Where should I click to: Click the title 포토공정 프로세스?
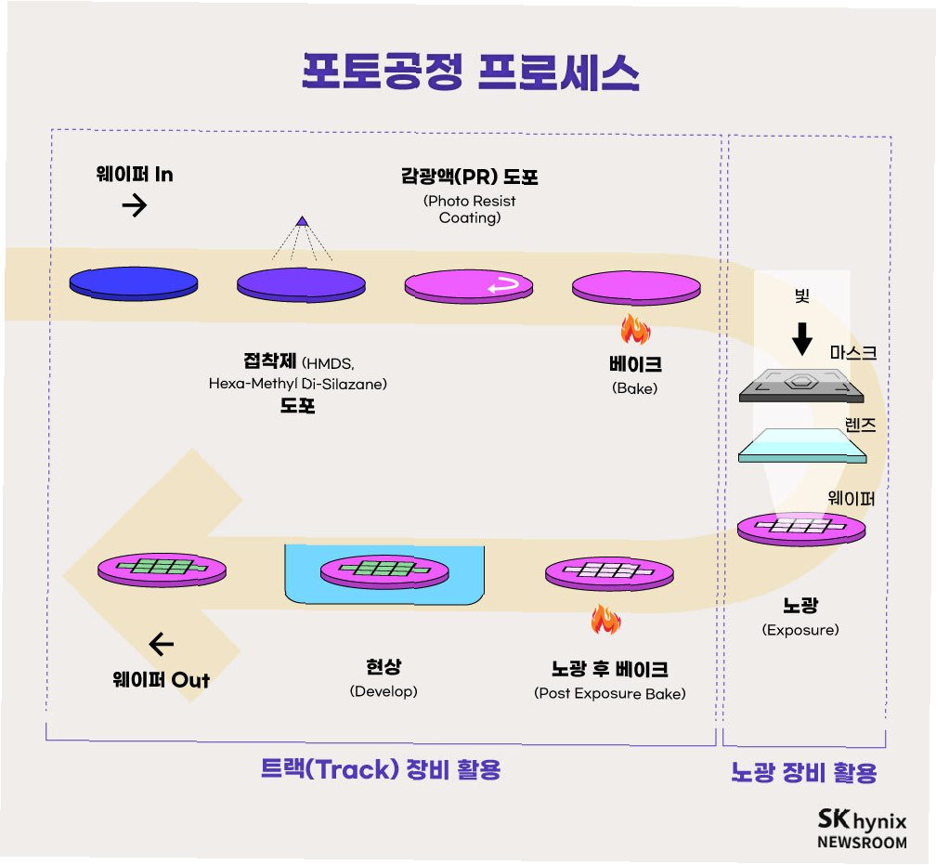coord(470,72)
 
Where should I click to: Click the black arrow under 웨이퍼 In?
coord(135,205)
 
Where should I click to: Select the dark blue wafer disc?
coord(134,282)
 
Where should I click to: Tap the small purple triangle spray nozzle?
coord(301,221)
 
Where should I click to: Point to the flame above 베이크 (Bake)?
coord(635,329)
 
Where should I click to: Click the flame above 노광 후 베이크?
coord(605,620)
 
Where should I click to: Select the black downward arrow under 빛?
coord(802,339)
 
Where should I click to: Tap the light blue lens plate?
coord(802,445)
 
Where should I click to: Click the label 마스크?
coord(853,353)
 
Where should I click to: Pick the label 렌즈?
coord(860,426)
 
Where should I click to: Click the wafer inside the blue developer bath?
coord(383,570)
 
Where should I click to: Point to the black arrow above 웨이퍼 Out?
coord(161,643)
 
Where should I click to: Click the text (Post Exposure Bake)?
coord(609,693)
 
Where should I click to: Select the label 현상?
coord(383,667)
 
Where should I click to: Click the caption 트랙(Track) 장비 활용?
coord(381,769)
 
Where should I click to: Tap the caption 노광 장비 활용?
coord(803,772)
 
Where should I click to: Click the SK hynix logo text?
coord(862,820)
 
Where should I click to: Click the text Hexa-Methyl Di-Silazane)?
coord(297,384)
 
